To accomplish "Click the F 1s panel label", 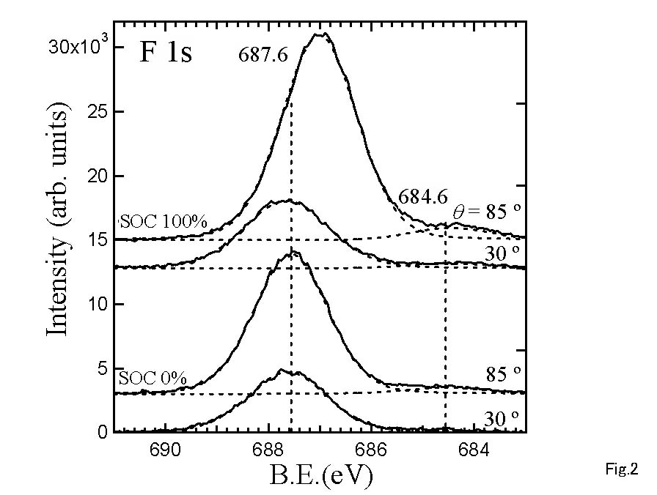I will (166, 53).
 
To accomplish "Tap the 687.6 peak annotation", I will (263, 57).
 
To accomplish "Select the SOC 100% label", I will (153, 220).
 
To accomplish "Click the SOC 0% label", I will (151, 379).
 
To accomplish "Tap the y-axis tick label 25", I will (95, 112).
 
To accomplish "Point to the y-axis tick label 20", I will (95, 176).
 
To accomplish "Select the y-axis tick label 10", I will (96, 305).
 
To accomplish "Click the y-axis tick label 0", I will (102, 433).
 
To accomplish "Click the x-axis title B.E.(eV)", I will (322, 477).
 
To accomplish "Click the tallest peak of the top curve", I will (320, 34).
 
